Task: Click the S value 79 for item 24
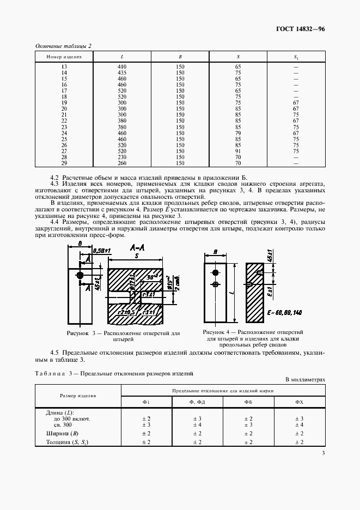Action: coord(238,133)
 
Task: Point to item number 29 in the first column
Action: coord(64,162)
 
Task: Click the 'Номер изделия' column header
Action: coord(64,57)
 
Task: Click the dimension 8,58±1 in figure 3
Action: coord(102,250)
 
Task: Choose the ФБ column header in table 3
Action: coord(248,402)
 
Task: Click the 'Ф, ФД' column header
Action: coord(197,402)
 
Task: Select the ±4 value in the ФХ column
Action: coord(299,424)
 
